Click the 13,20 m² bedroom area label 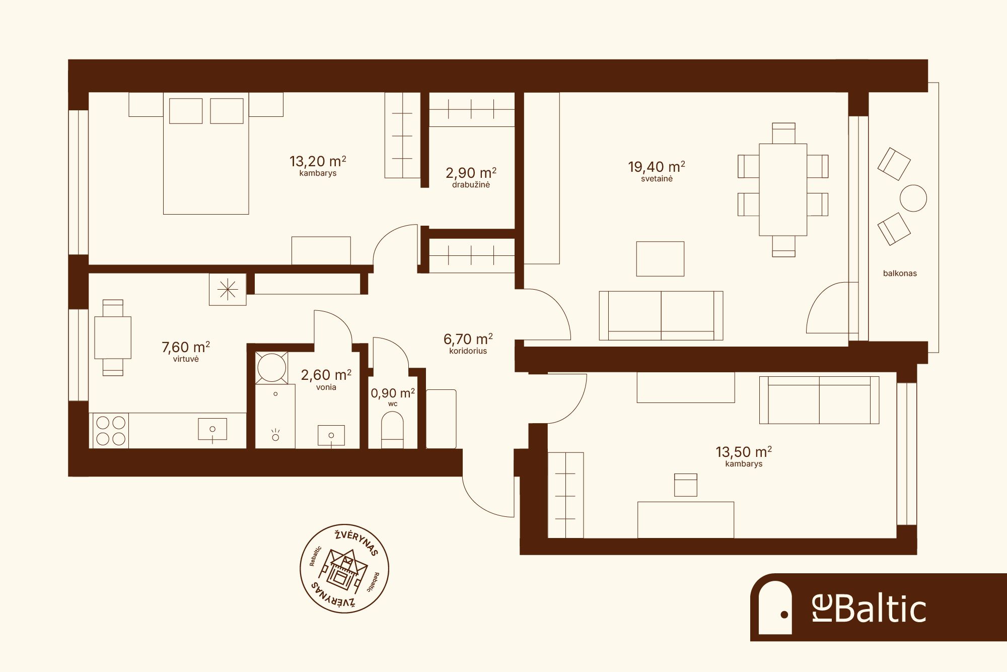[x=318, y=162]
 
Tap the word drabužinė [x=471, y=185]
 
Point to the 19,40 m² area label [x=657, y=167]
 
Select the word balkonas [x=900, y=274]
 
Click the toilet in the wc [x=392, y=430]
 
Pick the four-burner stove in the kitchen [x=111, y=431]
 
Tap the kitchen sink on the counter [x=212, y=430]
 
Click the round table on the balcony [x=913, y=198]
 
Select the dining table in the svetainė [x=783, y=190]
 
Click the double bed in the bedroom [x=206, y=153]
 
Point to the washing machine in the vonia [x=271, y=368]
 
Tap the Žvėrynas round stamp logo [x=344, y=568]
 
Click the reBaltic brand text [x=869, y=608]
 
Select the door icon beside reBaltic [x=775, y=608]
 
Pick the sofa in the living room [x=661, y=316]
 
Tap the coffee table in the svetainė [x=660, y=259]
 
